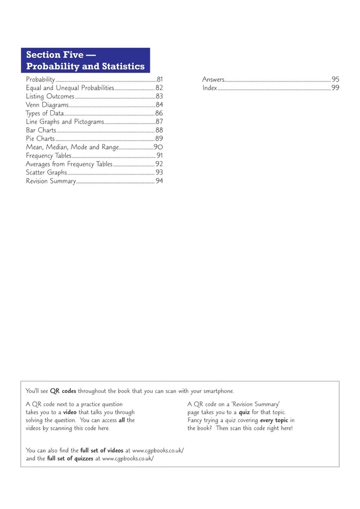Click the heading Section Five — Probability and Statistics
click(85, 60)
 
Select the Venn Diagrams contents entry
click(47, 105)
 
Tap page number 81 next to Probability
click(160, 80)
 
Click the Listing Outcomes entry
click(50, 96)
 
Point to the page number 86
click(159, 113)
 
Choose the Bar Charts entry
click(41, 130)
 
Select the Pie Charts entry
click(40, 139)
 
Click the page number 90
click(159, 147)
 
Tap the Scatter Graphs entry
click(47, 173)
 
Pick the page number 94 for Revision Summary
click(159, 181)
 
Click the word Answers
click(213, 80)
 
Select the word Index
click(209, 88)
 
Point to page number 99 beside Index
click(335, 88)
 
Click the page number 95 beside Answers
click(335, 80)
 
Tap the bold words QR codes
click(63, 391)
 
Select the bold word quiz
click(244, 413)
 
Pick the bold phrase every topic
click(274, 420)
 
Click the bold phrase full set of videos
click(102, 450)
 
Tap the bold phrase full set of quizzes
click(70, 458)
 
